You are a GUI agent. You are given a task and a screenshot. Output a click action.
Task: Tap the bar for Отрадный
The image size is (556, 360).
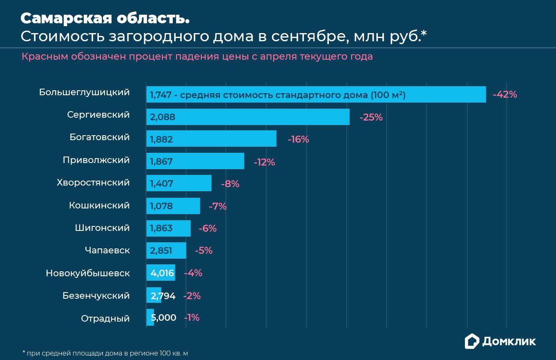[x=150, y=318]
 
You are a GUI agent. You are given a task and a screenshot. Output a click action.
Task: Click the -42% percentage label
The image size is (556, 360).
[x=505, y=94]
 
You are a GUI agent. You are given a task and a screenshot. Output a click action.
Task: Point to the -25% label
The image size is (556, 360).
[x=371, y=117]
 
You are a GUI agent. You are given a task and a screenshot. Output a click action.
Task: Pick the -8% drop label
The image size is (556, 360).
[x=230, y=184]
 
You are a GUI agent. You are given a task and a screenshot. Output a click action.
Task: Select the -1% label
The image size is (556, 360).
[x=192, y=318]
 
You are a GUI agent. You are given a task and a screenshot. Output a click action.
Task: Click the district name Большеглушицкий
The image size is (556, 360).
[x=85, y=92]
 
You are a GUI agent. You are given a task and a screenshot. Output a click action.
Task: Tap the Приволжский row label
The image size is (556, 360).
[x=96, y=160]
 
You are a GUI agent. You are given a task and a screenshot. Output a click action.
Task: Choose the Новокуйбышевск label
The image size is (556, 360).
[x=88, y=273]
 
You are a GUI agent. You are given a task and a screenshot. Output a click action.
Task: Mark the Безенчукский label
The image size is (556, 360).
[x=96, y=295]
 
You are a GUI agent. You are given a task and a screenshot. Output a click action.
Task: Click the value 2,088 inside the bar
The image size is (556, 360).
[x=163, y=117]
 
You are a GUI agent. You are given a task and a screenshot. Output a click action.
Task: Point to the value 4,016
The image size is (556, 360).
[x=163, y=273]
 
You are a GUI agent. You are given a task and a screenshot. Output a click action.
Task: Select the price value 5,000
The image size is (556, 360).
[x=163, y=318]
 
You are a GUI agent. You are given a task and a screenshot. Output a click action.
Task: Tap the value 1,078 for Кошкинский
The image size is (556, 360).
[x=161, y=206]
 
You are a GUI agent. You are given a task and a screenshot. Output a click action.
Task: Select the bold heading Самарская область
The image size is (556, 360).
[x=105, y=18]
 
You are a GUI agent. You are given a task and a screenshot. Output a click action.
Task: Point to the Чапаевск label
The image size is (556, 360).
[x=107, y=250]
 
